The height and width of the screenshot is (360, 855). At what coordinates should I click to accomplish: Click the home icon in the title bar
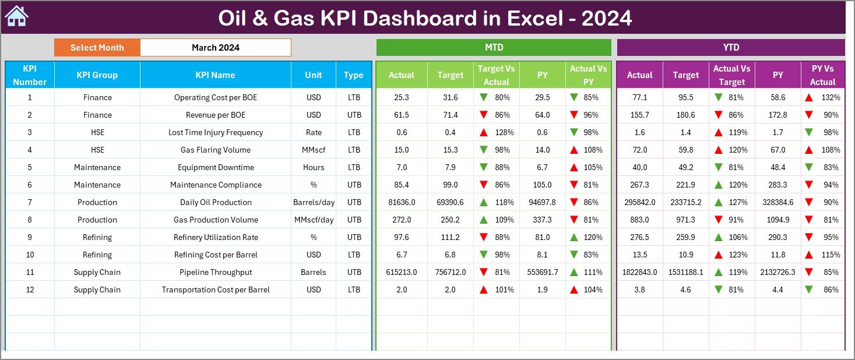tap(16, 16)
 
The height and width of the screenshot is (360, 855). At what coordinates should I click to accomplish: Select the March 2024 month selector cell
tap(215, 48)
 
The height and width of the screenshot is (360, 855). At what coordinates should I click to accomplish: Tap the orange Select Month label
tap(97, 48)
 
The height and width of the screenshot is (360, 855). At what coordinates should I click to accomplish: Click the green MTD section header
tap(494, 48)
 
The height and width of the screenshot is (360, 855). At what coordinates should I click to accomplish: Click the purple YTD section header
tap(730, 48)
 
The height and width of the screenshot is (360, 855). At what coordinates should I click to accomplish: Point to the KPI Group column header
tap(97, 75)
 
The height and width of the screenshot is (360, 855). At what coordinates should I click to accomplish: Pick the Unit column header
tap(314, 75)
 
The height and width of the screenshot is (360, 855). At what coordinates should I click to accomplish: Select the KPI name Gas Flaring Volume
tap(215, 150)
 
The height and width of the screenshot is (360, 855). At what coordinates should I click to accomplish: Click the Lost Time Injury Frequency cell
tap(215, 132)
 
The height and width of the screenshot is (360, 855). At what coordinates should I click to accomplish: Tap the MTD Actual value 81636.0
tap(401, 202)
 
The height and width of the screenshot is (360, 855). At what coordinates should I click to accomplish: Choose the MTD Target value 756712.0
tap(450, 272)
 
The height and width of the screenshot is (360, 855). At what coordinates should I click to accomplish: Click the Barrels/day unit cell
tap(314, 202)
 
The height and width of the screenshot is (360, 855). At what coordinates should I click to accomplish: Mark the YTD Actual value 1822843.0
tap(639, 272)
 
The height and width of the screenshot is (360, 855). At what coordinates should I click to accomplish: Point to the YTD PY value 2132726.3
tap(777, 272)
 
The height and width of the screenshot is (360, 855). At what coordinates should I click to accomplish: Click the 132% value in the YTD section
tap(831, 97)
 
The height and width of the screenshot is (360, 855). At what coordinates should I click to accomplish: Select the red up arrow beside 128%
tap(484, 132)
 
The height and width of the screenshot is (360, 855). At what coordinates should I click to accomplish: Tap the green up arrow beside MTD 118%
tap(484, 202)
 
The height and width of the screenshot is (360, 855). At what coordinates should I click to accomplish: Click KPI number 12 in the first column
tap(30, 290)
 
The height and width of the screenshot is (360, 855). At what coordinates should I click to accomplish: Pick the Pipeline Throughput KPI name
tap(215, 272)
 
